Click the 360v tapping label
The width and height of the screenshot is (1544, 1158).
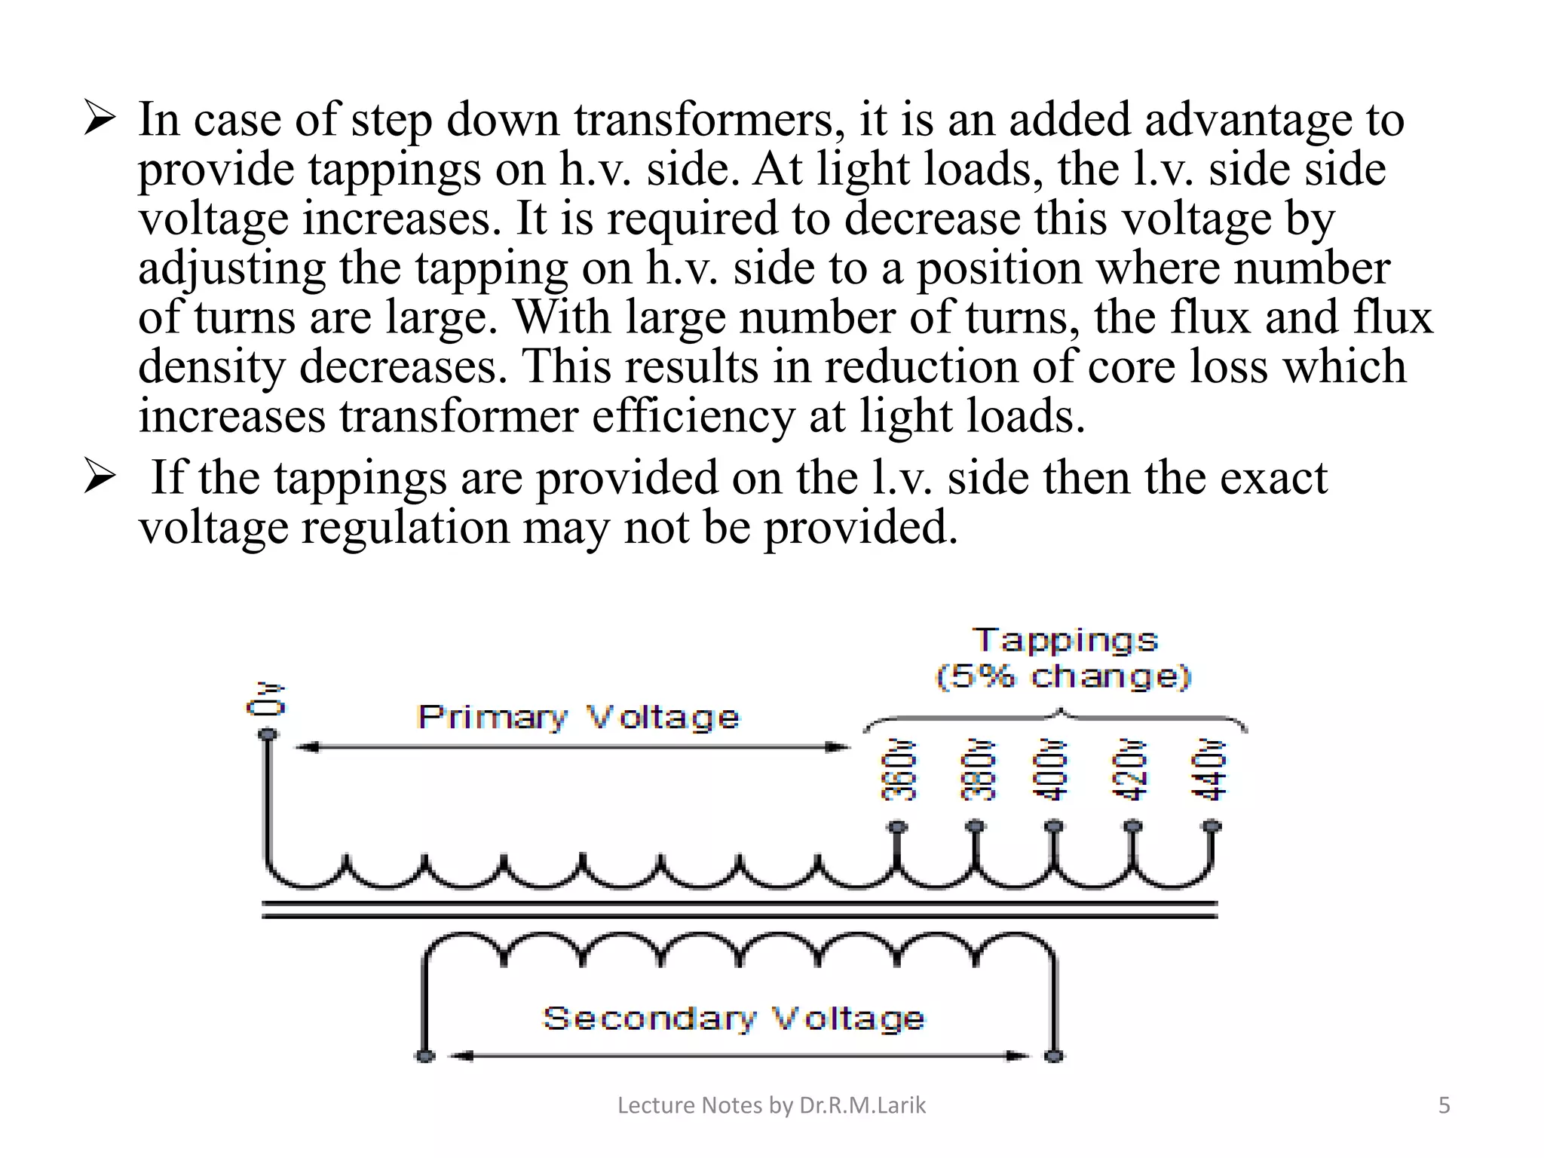tap(898, 769)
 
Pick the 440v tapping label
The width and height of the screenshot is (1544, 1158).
tap(1209, 769)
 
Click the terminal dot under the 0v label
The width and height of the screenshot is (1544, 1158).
tap(267, 734)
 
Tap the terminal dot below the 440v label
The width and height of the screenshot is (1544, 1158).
tap(1212, 827)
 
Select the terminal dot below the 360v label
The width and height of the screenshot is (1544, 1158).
tap(897, 827)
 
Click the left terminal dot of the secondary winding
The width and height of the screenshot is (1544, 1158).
tap(425, 1055)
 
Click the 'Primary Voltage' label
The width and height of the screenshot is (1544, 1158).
tap(578, 717)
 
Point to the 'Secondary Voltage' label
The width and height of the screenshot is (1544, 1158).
tap(733, 1019)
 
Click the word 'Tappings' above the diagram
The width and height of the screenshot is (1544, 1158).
tap(1065, 640)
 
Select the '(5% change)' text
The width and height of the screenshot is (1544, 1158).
tap(1063, 676)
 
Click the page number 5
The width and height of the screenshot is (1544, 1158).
tap(1444, 1105)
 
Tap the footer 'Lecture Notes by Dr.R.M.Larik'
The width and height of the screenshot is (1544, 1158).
tap(771, 1105)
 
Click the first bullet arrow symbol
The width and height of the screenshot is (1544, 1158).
tap(100, 120)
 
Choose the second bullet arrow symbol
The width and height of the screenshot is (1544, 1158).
tap(100, 478)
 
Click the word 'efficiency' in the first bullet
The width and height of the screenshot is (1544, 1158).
tap(693, 416)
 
